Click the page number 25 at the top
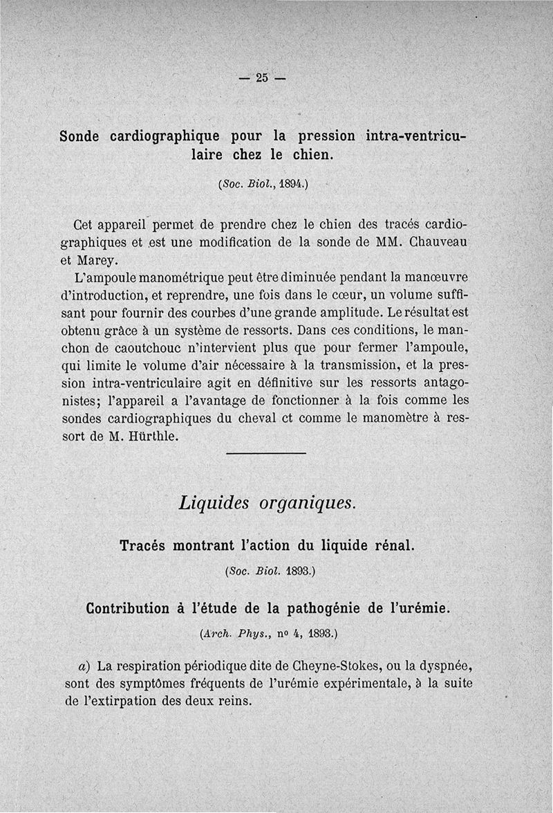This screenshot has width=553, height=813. tap(261, 77)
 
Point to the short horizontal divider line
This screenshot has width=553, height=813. tap(266, 454)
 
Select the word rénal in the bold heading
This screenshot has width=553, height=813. tap(393, 545)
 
